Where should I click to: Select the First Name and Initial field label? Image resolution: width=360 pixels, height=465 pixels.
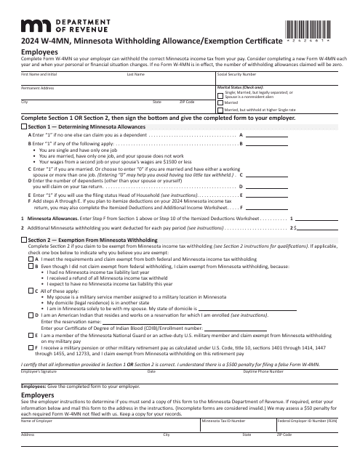[x=39, y=74]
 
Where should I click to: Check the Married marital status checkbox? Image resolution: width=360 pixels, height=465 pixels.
[x=220, y=103]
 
